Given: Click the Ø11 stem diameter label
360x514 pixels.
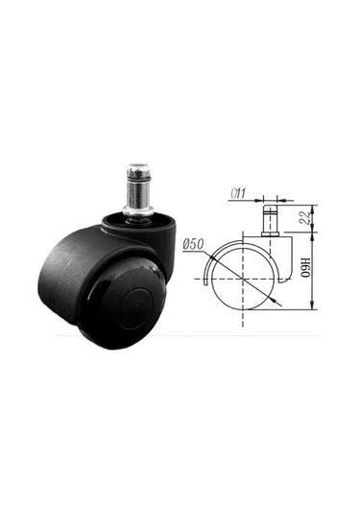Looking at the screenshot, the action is [238, 193].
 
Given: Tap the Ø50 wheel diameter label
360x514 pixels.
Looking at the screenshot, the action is [194, 244].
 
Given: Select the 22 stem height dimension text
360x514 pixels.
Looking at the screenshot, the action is [305, 217].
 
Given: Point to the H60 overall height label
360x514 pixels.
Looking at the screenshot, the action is [305, 267].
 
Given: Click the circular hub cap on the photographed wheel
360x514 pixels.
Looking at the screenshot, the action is [134, 308].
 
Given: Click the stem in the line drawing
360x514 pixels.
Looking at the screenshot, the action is [270, 218].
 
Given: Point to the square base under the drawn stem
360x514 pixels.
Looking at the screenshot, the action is [271, 234].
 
